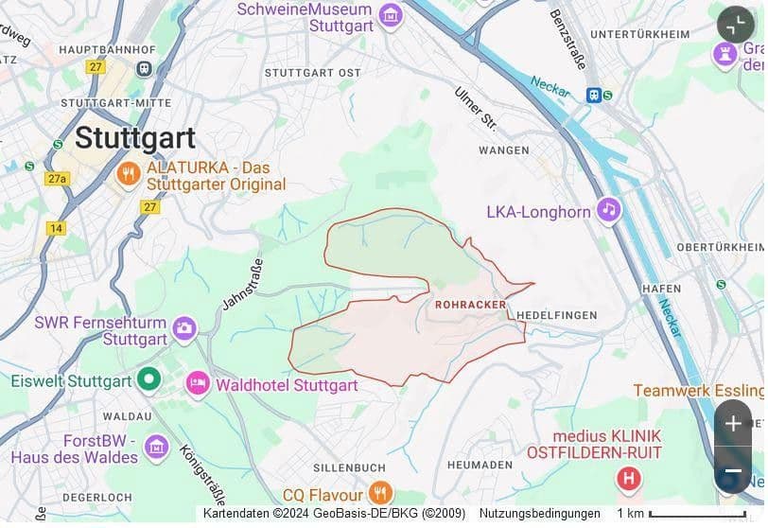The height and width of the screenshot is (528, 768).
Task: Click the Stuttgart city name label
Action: [x=134, y=137]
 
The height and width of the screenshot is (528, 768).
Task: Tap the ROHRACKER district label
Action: [x=470, y=305]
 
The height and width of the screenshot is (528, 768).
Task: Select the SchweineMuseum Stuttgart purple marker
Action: [x=390, y=15]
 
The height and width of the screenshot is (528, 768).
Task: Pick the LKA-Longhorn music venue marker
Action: [x=608, y=210]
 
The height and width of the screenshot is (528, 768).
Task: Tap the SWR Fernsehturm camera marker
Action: [x=184, y=328]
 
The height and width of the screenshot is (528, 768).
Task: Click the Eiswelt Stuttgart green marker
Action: [x=148, y=381]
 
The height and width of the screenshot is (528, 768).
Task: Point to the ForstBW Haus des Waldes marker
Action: [x=156, y=446]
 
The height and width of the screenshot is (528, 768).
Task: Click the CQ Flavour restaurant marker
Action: [x=380, y=492]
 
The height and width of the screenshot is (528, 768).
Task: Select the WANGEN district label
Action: [x=503, y=150]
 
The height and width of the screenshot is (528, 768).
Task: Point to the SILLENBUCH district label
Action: [x=349, y=467]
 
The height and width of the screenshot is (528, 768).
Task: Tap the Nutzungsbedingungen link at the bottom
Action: [x=539, y=514]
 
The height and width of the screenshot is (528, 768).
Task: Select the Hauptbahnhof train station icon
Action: [x=144, y=68]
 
